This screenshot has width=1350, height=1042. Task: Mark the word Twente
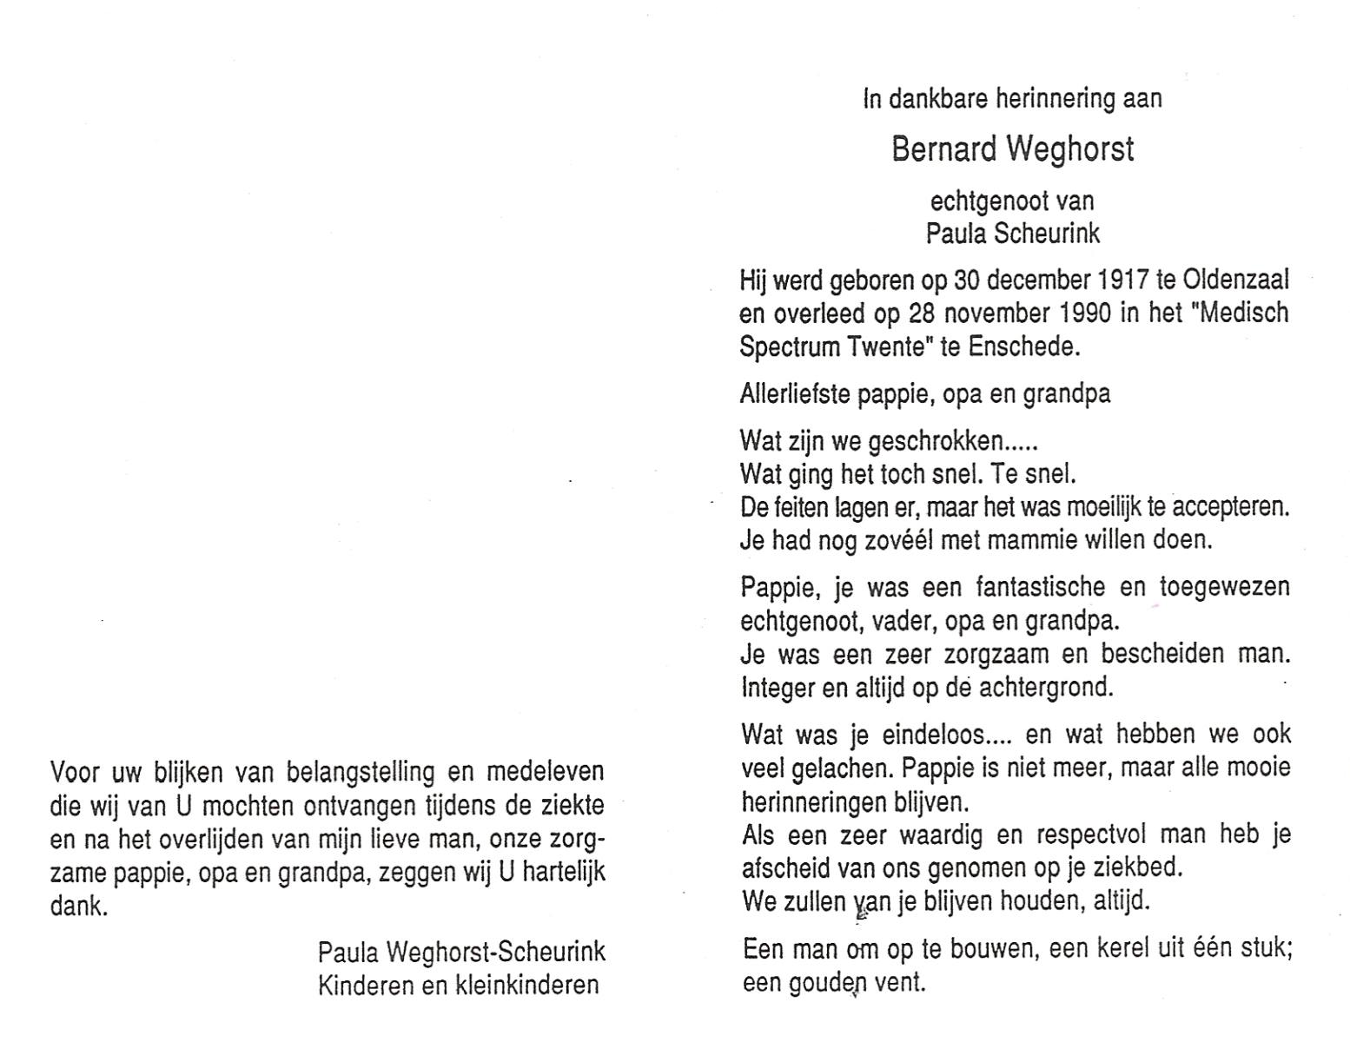(x=888, y=347)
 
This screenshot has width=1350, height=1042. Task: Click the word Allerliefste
(x=795, y=394)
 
